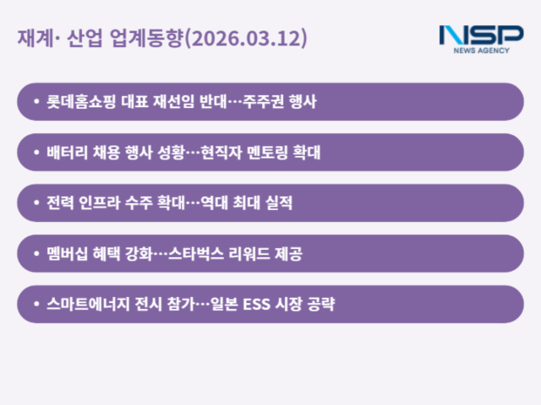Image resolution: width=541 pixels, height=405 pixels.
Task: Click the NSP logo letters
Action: coord(482,35)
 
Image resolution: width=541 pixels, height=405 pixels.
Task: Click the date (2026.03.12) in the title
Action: coord(245,40)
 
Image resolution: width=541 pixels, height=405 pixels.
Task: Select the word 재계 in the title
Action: coord(32,40)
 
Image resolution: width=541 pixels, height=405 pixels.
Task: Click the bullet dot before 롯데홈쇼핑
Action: coord(35,102)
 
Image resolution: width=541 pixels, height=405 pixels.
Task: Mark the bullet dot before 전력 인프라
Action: coord(35,203)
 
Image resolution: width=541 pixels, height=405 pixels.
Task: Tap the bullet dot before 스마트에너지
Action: coord(35,305)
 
